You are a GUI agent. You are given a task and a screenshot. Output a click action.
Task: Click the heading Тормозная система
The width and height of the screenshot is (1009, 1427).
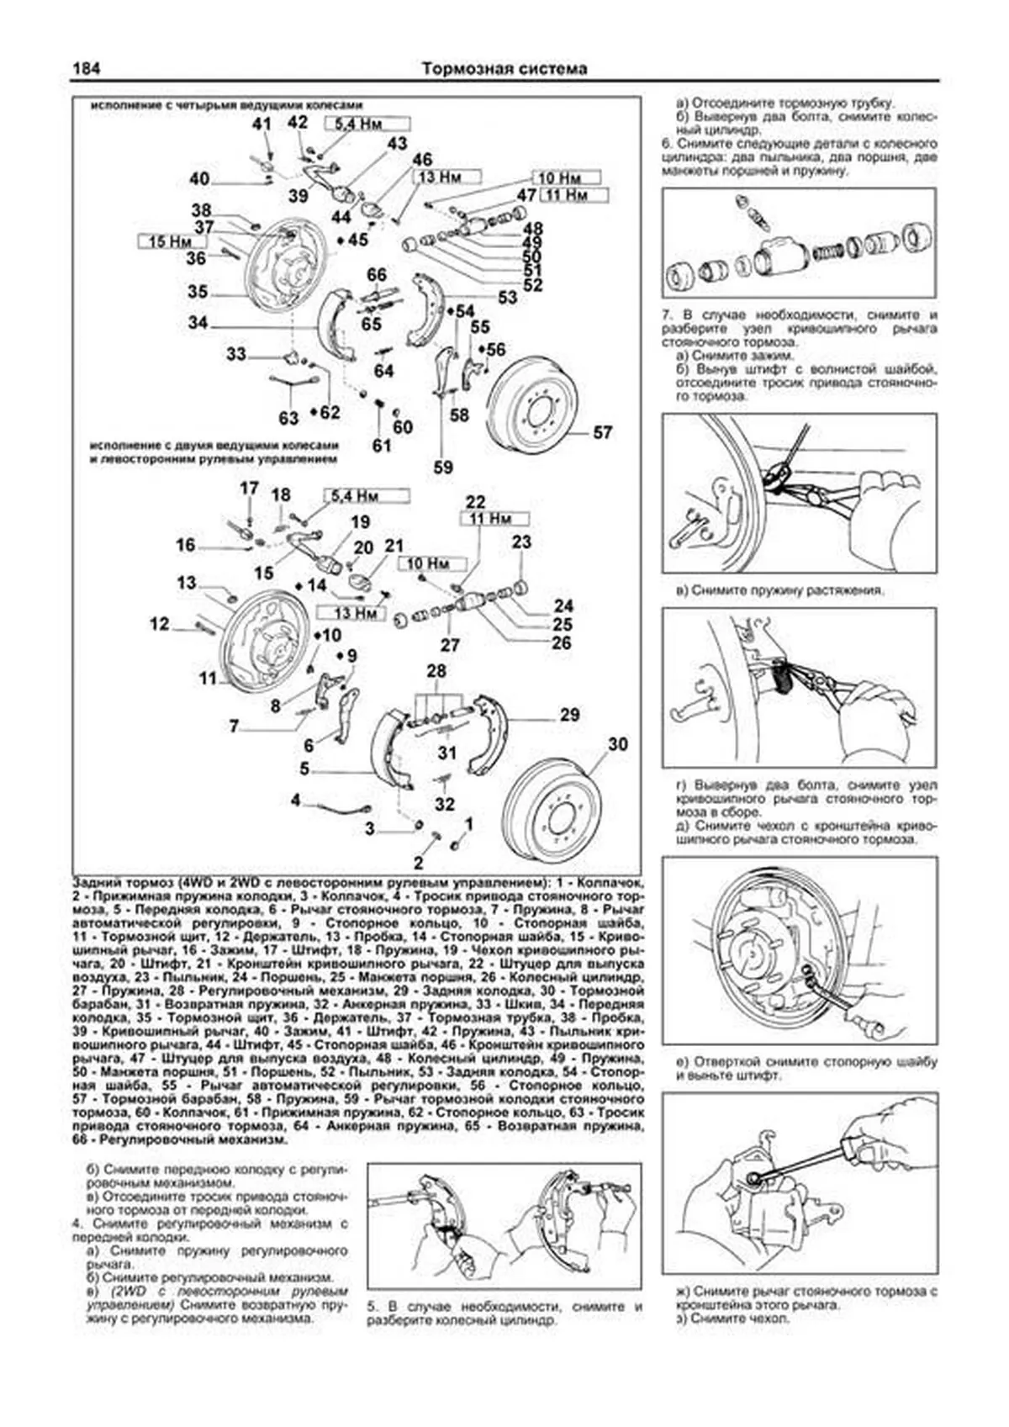pos(504,69)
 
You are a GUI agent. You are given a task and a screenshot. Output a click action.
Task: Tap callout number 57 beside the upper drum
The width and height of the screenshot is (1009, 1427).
pos(603,432)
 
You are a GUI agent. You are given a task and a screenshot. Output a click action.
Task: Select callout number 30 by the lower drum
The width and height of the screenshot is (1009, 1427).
pos(618,744)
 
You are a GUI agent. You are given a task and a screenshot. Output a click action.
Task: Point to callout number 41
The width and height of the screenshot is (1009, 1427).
pos(262,125)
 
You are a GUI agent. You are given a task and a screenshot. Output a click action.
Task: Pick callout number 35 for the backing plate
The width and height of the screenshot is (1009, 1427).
pos(198,292)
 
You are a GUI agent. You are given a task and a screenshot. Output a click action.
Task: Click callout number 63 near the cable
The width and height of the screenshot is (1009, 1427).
pos(288,418)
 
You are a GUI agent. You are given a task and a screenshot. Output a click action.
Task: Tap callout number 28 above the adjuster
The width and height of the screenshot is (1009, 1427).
pos(436,671)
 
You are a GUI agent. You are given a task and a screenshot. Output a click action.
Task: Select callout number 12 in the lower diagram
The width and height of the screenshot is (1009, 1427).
pos(160,624)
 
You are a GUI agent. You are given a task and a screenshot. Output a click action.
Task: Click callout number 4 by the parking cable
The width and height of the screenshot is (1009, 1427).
pos(296,801)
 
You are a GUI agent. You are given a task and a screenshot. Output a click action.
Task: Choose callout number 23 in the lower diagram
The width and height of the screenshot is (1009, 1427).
pos(521,542)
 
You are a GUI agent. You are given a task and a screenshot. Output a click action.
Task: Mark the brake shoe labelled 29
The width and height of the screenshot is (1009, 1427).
pos(486,732)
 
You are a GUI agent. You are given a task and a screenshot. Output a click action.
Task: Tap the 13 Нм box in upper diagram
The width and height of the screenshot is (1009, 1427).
pos(446,177)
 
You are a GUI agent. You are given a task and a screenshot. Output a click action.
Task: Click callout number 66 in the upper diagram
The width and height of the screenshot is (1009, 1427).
pos(377,275)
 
